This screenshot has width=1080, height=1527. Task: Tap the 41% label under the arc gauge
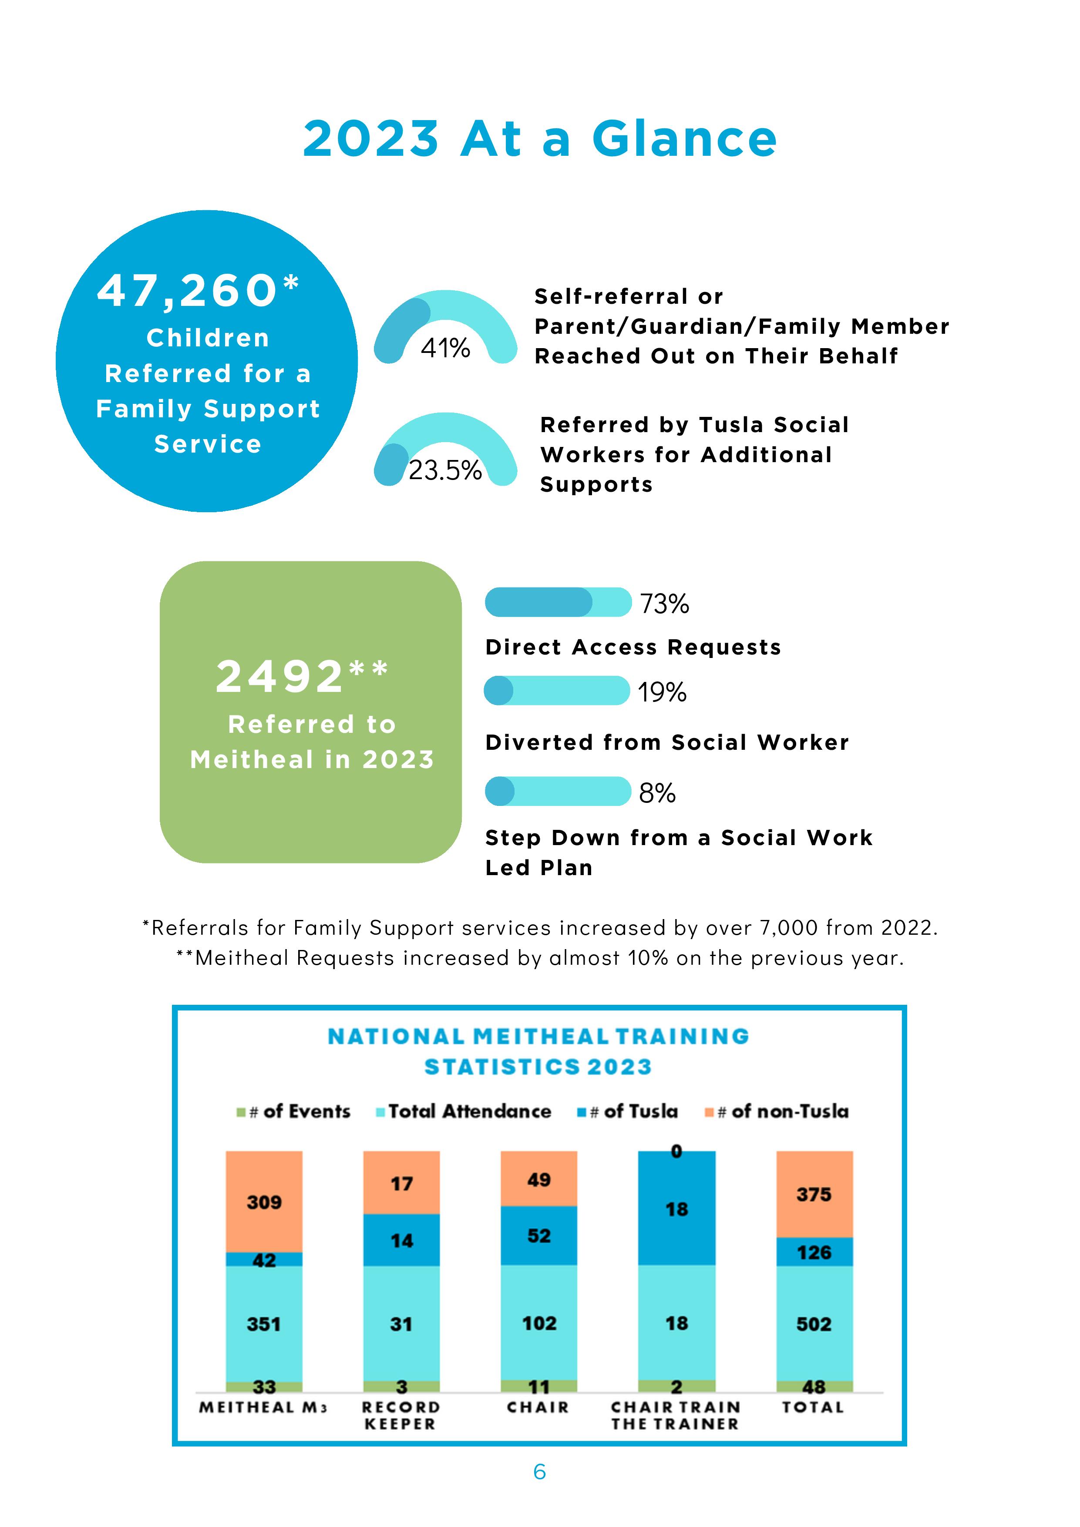[x=445, y=348]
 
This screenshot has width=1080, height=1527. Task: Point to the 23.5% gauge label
[x=445, y=470]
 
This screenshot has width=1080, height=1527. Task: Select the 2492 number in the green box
[x=280, y=676]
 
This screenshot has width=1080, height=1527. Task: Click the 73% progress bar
[x=558, y=602]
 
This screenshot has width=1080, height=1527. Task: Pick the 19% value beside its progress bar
[x=662, y=692]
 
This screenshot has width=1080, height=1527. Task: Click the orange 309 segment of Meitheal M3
[x=264, y=1202]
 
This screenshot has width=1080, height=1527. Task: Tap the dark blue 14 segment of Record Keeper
[x=401, y=1240]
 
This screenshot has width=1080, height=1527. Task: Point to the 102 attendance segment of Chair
[x=539, y=1323]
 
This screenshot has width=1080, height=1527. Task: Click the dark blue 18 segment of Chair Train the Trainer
[x=677, y=1208]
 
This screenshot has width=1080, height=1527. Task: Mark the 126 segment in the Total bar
[x=814, y=1252]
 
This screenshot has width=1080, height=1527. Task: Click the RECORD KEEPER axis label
[x=400, y=1415]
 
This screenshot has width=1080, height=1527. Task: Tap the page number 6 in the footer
[x=540, y=1472]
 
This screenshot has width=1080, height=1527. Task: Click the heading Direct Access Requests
[x=633, y=647]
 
